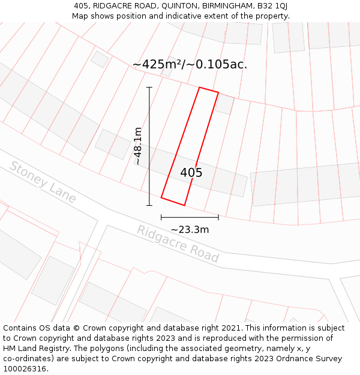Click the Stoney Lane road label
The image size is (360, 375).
point(43,182)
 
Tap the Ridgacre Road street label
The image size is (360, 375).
point(178,244)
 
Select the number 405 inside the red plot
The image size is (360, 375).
point(191,173)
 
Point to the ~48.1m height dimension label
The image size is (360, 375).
point(138,146)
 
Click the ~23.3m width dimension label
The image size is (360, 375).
point(190,229)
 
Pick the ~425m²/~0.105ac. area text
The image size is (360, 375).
point(190,64)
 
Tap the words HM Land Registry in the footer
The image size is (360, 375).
point(39,348)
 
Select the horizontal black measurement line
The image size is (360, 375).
point(190,217)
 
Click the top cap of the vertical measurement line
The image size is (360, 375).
point(149,88)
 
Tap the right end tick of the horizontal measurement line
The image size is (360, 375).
point(218,217)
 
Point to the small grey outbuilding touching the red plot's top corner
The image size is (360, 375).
point(224,104)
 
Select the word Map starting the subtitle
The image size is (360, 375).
point(80,16)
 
